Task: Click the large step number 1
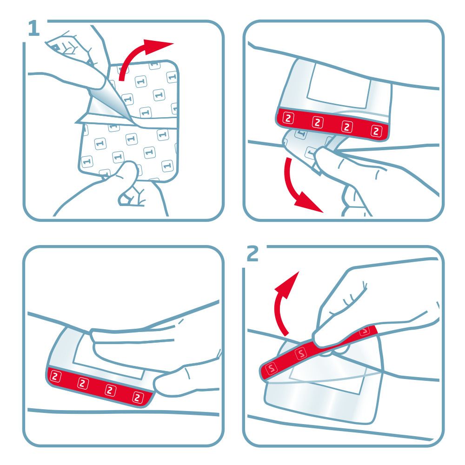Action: click(x=34, y=28)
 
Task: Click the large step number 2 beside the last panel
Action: click(x=252, y=253)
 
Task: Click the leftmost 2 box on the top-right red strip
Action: click(x=288, y=118)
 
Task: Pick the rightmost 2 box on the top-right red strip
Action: click(x=376, y=131)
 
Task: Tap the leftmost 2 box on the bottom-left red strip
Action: click(x=55, y=377)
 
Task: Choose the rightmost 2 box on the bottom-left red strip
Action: click(x=138, y=397)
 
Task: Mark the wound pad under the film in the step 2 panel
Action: click(x=326, y=383)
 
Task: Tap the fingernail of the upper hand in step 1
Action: click(x=55, y=46)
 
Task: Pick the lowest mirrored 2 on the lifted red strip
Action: click(x=271, y=369)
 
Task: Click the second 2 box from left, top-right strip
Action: click(x=317, y=122)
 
